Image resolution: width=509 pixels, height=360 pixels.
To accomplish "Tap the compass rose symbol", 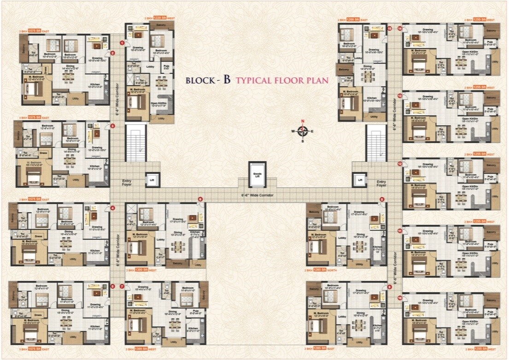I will point(303,131).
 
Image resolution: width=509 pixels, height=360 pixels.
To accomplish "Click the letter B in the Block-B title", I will point(226,79).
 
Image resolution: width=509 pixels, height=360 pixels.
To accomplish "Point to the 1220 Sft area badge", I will point(147,18).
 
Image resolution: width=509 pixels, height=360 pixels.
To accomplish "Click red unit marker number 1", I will point(122,43).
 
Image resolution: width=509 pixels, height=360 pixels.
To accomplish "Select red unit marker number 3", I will point(112,126).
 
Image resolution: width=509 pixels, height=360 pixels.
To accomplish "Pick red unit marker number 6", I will point(200,199).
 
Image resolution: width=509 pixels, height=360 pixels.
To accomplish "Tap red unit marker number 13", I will point(400,96).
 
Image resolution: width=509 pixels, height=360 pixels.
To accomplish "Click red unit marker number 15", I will point(389,29).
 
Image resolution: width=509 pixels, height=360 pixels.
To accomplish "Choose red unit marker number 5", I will point(112,286).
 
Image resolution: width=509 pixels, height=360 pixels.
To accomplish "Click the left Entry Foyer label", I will point(127,183).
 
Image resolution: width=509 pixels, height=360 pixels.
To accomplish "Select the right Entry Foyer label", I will point(381,183).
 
